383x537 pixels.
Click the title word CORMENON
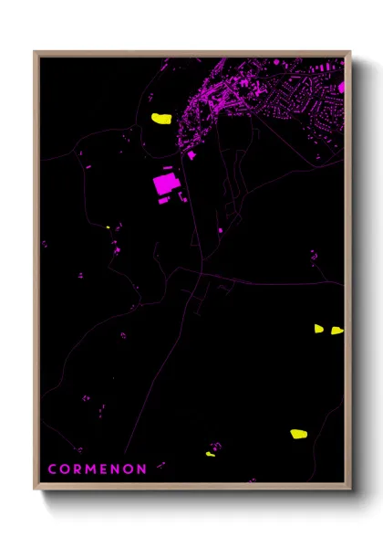click(x=98, y=469)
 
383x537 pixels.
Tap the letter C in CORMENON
click(x=53, y=469)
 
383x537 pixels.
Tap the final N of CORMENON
click(x=142, y=469)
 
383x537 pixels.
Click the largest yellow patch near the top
click(x=161, y=119)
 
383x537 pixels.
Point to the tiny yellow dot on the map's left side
click(x=108, y=227)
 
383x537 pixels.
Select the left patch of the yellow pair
click(x=319, y=328)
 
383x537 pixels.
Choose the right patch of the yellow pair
click(x=336, y=330)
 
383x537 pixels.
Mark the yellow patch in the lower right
click(x=299, y=434)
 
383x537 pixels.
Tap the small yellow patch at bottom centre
click(x=211, y=454)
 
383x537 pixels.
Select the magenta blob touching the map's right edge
click(x=342, y=89)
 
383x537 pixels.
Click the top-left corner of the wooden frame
click(x=35, y=51)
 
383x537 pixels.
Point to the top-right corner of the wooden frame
click(x=351, y=51)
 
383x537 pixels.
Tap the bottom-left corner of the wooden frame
click(x=35, y=490)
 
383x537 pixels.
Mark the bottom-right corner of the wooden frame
click(x=351, y=490)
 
